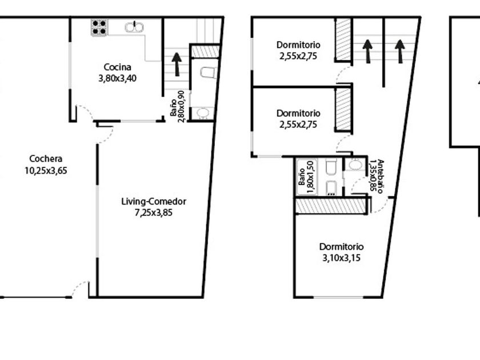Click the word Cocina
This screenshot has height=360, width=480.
118,67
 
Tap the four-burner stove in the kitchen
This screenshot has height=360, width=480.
99,27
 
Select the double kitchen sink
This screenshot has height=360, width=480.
134,27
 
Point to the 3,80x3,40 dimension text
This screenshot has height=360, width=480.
118,78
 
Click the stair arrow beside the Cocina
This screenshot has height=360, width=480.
177,64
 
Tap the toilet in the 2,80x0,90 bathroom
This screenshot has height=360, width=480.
209,72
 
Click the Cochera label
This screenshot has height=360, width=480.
46,159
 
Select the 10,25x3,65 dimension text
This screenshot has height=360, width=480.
46,170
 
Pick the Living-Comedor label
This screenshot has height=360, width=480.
154,201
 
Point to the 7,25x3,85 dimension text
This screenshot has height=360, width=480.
154,213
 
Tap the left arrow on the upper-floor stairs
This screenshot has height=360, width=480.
367,51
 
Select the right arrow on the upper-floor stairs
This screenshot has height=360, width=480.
400,51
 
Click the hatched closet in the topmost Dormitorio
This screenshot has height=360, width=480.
343,39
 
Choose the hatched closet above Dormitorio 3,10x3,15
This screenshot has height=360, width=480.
331,206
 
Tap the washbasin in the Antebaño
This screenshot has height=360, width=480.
355,165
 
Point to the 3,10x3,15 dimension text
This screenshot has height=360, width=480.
341,258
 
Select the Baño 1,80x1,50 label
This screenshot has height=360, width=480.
306,177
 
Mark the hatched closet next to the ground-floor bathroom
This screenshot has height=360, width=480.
205,51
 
